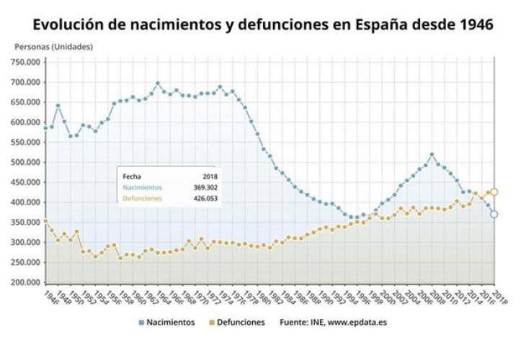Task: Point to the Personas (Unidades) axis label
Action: click(x=53, y=47)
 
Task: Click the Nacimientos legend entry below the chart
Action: click(x=170, y=323)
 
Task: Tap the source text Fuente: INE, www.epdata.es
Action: click(x=333, y=323)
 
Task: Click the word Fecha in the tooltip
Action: click(x=132, y=176)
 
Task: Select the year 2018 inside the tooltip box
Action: click(x=210, y=176)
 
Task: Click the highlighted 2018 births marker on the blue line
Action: click(x=494, y=214)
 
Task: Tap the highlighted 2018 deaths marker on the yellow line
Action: click(x=494, y=192)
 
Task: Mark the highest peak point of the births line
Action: click(x=158, y=83)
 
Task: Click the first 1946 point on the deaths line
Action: click(x=46, y=221)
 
